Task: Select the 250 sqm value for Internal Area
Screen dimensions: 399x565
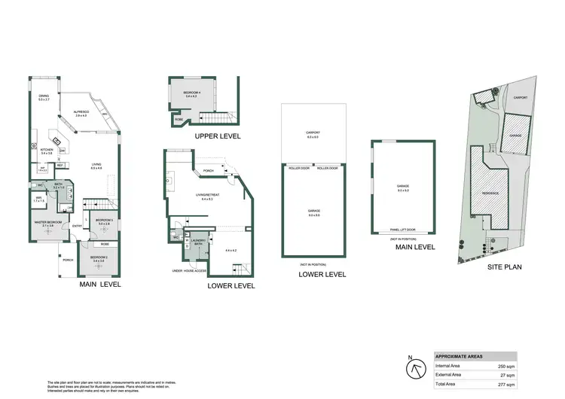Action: pyautogui.click(x=508, y=365)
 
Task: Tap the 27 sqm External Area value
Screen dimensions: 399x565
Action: pyautogui.click(x=509, y=375)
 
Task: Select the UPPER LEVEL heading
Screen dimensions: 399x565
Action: pyautogui.click(x=217, y=136)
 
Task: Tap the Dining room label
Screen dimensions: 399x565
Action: pyautogui.click(x=44, y=96)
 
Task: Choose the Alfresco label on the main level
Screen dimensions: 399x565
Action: pyautogui.click(x=81, y=113)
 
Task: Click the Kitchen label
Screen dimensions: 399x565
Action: pyautogui.click(x=46, y=150)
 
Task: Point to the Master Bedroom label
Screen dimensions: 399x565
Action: pyautogui.click(x=47, y=222)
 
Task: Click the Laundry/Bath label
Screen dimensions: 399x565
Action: pyautogui.click(x=199, y=242)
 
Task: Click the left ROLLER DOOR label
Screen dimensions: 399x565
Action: pyautogui.click(x=299, y=168)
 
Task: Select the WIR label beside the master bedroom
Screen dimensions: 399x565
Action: pyautogui.click(x=39, y=199)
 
